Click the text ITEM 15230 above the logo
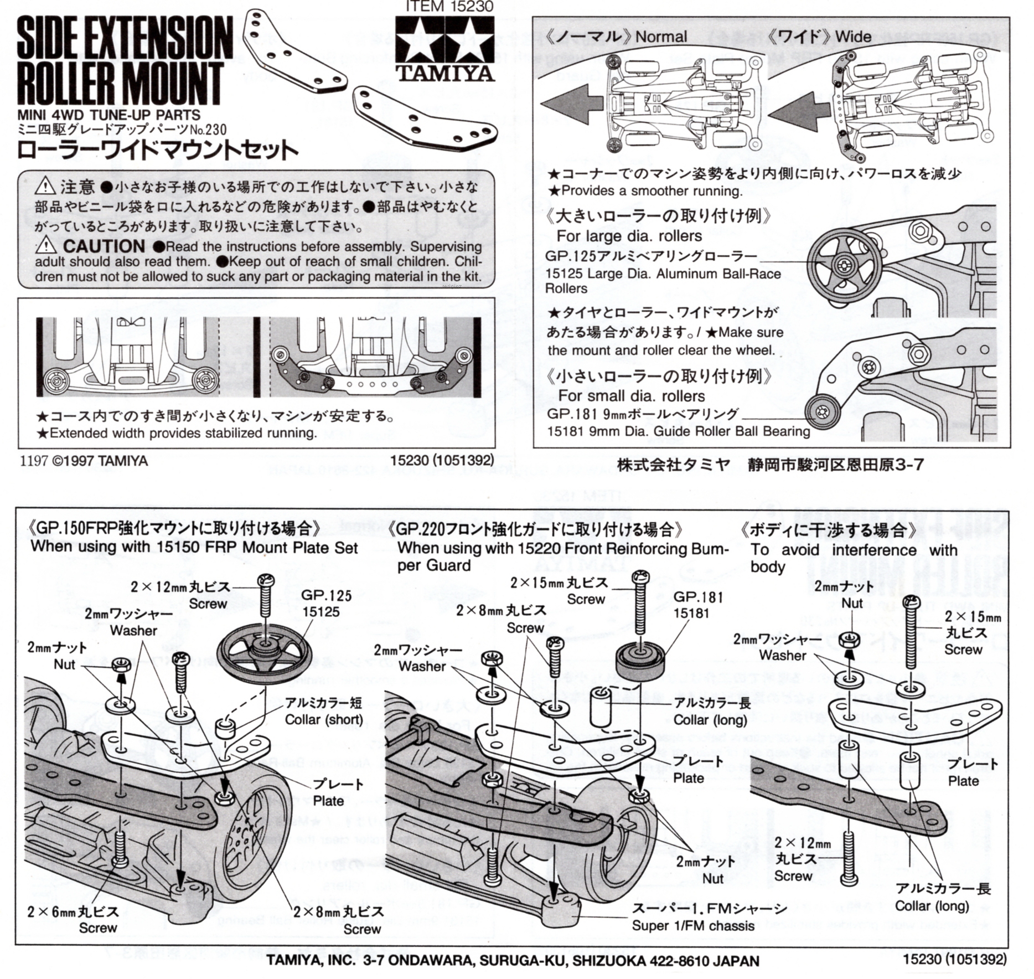coord(449,6)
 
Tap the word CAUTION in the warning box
coord(104,246)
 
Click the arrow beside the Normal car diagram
coord(571,103)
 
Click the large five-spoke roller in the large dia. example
coord(843,264)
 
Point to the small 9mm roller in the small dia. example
coord(823,411)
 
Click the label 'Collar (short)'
coord(323,719)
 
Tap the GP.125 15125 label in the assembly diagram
coord(326,604)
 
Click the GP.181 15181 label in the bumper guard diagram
coord(698,605)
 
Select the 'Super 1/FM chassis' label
coord(693,925)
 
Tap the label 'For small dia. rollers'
coord(631,396)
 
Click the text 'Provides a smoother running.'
coord(651,191)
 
